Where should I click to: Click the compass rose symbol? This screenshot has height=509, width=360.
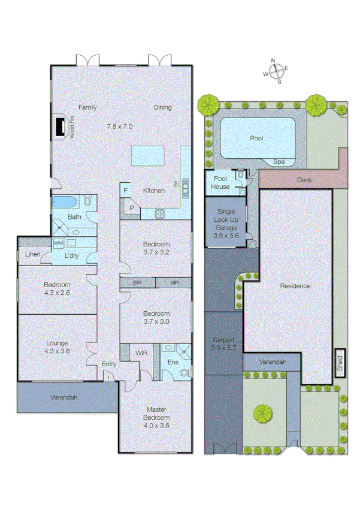(x=276, y=71)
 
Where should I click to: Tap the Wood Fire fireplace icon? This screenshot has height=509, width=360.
(x=60, y=127)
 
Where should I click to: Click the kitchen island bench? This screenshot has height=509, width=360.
(x=149, y=156)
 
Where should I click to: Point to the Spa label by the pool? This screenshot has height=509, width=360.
(x=279, y=162)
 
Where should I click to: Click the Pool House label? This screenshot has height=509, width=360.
(x=220, y=183)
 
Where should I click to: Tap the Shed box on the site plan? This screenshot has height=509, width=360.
(x=340, y=363)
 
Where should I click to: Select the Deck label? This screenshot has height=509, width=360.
(x=304, y=179)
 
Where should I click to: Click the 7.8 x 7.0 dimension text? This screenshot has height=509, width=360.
(x=119, y=127)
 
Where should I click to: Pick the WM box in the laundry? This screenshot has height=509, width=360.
(x=58, y=243)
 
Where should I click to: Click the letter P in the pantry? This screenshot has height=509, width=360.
(x=131, y=208)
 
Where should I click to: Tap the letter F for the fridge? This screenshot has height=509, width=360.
(x=126, y=191)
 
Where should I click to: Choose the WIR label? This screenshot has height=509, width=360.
(x=141, y=353)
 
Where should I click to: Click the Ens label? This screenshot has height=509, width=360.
(x=173, y=362)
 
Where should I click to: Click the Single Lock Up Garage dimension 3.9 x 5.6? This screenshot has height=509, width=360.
(x=226, y=236)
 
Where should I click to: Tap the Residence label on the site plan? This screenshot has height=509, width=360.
(x=295, y=286)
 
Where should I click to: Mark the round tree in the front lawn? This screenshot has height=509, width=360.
(x=261, y=414)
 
